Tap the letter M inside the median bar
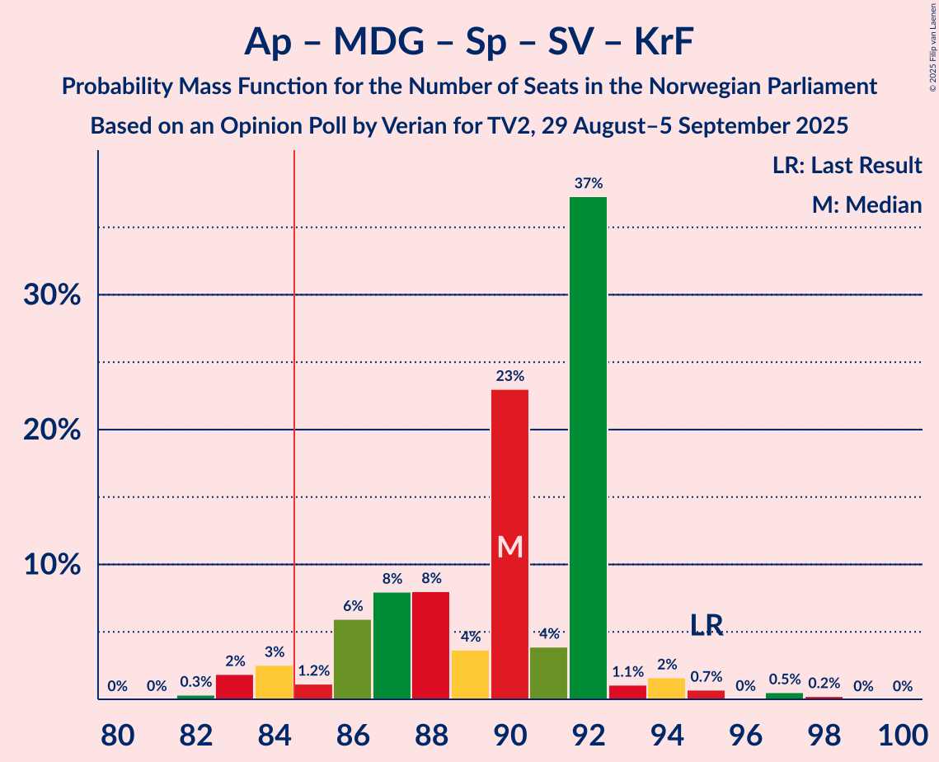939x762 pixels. tap(510, 546)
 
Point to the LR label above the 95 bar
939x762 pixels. tap(707, 626)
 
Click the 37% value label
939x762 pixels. tap(589, 183)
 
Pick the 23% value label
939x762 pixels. tap(509, 376)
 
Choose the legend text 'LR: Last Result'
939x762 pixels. tap(847, 166)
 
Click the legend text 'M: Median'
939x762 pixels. tap(866, 205)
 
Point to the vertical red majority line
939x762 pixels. tap(293, 412)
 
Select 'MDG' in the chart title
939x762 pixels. tap(378, 42)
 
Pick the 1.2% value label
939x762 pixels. tap(313, 671)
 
